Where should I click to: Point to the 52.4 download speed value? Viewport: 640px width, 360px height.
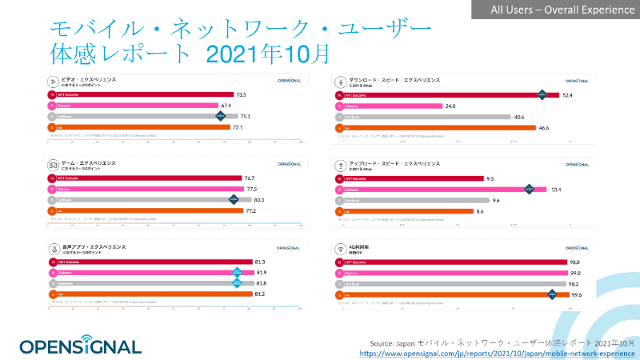[x=567, y=95]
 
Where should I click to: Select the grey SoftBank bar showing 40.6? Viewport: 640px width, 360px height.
[x=424, y=117]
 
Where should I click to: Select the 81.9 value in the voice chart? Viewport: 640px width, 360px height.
[x=261, y=273]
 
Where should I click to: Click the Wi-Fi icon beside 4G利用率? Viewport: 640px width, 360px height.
[x=342, y=248]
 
